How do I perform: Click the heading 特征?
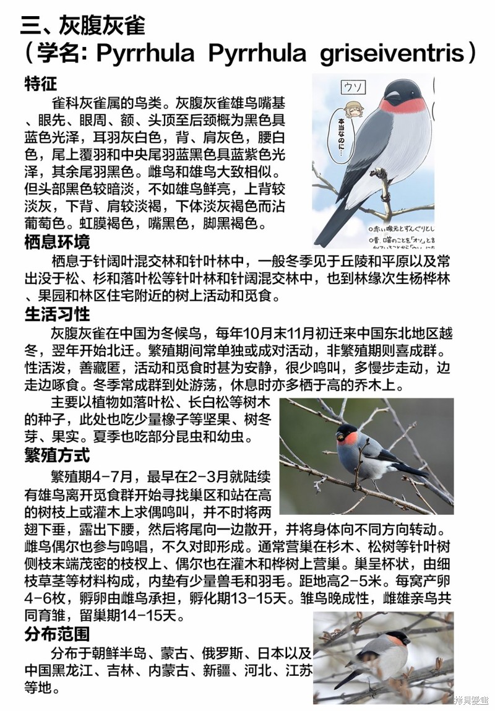[41, 84]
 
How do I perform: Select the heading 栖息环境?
[57, 241]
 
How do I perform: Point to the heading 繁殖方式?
[57, 455]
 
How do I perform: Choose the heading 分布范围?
[57, 634]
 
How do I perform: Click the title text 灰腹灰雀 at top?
[102, 25]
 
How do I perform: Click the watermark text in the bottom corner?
[471, 700]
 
